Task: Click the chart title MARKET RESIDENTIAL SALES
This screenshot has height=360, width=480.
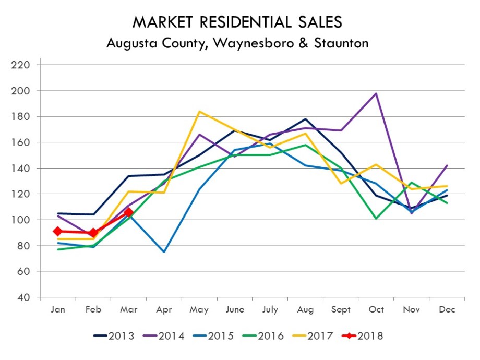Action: pyautogui.click(x=237, y=22)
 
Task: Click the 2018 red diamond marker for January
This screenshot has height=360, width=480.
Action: pyautogui.click(x=58, y=231)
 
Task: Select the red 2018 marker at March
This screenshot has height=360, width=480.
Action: pyautogui.click(x=129, y=212)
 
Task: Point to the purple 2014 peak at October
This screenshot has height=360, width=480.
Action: pyautogui.click(x=376, y=93)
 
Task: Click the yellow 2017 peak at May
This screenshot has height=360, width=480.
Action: pyautogui.click(x=200, y=111)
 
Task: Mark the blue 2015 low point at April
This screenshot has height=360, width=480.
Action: pyautogui.click(x=164, y=252)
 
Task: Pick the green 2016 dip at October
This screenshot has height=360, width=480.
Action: pyautogui.click(x=376, y=219)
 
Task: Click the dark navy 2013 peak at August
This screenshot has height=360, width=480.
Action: pyautogui.click(x=305, y=119)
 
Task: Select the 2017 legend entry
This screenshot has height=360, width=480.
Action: pyautogui.click(x=319, y=336)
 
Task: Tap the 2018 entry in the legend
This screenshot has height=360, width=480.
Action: pyautogui.click(x=369, y=336)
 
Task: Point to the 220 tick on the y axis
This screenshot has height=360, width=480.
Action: pyautogui.click(x=24, y=65)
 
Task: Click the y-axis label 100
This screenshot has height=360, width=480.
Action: pyautogui.click(x=24, y=220)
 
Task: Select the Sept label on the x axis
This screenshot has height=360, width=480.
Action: pyautogui.click(x=341, y=310)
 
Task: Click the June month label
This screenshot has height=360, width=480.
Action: pyautogui.click(x=235, y=310)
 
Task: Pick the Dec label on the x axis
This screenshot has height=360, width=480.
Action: pyautogui.click(x=447, y=310)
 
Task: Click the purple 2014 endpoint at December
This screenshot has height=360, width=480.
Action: pyautogui.click(x=447, y=165)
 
